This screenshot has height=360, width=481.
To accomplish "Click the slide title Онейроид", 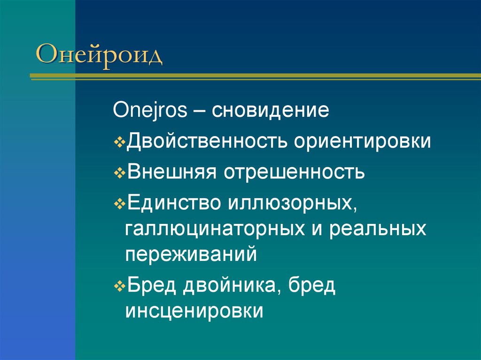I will tap(100, 55).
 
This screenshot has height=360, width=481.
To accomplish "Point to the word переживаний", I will tap(191, 255).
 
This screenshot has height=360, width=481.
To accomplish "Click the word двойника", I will tap(231, 285).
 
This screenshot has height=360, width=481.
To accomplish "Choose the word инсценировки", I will tap(194, 311).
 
